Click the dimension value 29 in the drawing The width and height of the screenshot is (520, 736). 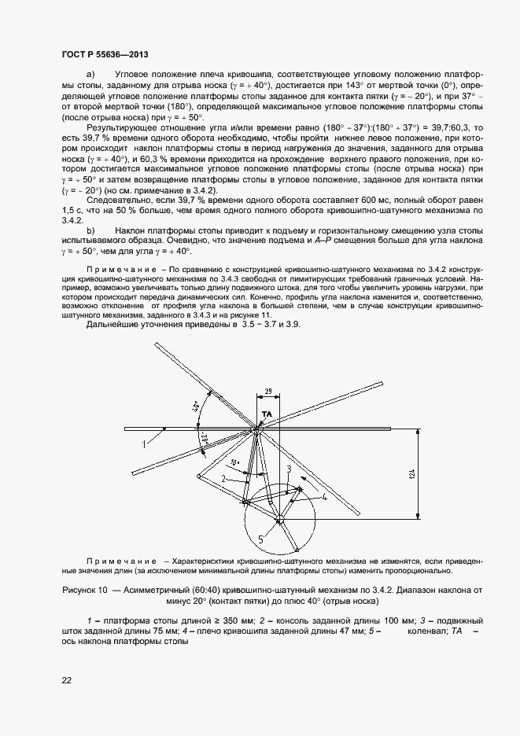tap(268, 391)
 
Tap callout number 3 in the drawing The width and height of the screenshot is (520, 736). tap(289, 469)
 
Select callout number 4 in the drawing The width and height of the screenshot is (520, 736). tap(323, 497)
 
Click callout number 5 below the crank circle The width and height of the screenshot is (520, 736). tap(260, 539)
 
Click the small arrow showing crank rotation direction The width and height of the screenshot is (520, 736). tap(298, 490)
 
